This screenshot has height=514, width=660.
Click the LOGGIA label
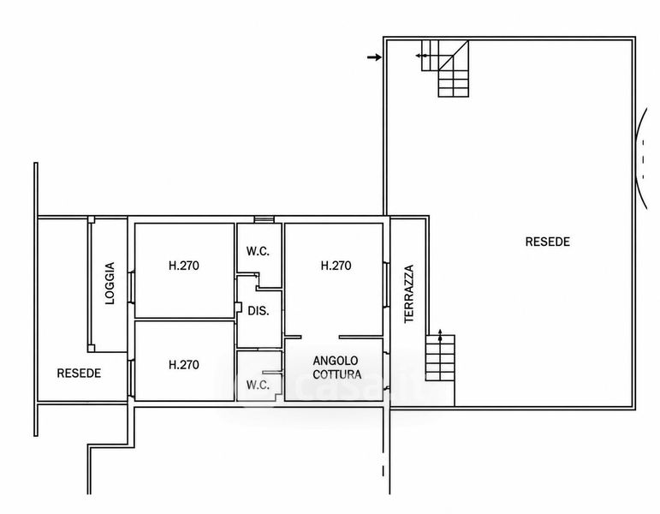coord(110,283)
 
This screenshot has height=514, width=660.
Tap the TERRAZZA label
coord(409,294)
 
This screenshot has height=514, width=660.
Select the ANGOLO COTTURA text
coord(336,368)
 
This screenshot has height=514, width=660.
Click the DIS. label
coord(259,311)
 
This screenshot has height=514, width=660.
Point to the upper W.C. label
coord(258,252)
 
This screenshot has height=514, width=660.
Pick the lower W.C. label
coord(258,385)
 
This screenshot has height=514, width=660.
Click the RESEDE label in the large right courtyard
coord(548,242)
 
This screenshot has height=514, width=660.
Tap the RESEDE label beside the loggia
coord(79,374)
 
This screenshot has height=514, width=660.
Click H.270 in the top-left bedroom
coord(184,266)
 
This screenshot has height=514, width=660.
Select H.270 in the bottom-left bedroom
coord(184,364)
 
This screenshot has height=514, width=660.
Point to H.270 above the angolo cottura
coord(336,266)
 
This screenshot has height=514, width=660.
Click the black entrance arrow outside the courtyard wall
coord(374,57)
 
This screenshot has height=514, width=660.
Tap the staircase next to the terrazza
coord(440,358)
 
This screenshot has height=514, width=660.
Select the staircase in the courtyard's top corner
coord(445,69)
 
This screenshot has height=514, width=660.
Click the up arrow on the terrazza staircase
coord(440,336)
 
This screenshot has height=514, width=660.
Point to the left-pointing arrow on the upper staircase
coord(421,56)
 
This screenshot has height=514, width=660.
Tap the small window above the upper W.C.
coord(264,219)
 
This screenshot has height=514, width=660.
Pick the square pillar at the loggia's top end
coord(91,219)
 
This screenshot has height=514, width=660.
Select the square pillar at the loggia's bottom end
coord(91,349)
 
